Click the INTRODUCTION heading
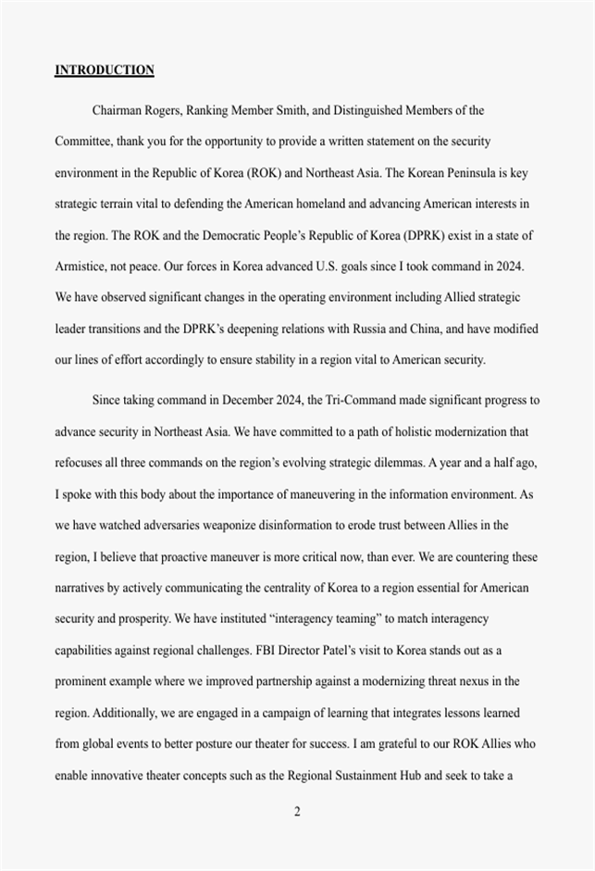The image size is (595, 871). (105, 70)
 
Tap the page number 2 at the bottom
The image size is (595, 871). (297, 813)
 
